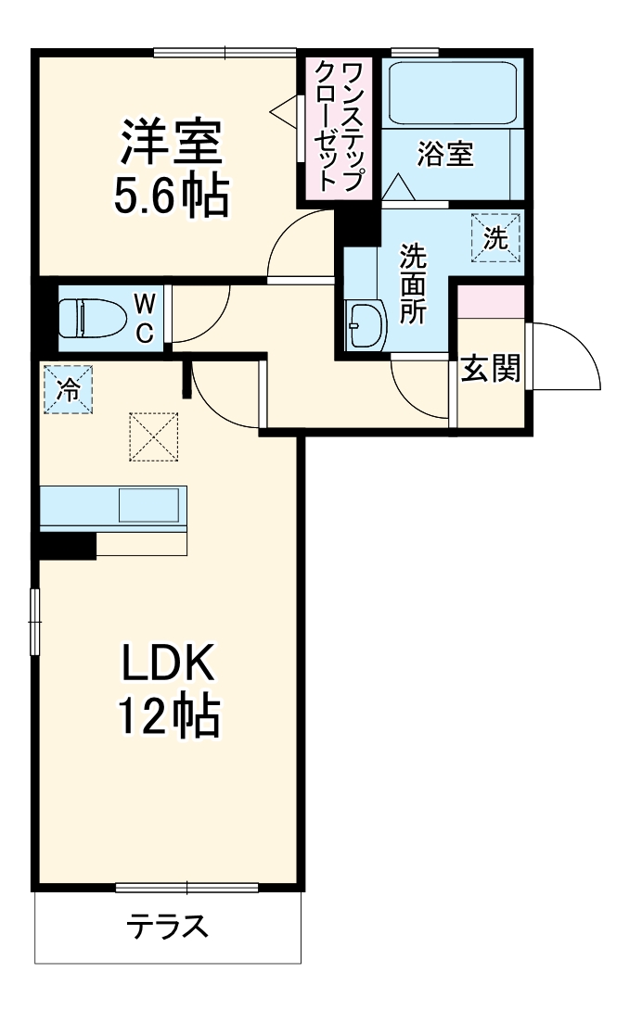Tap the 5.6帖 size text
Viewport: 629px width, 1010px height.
[172, 195]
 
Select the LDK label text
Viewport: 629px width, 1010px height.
[170, 665]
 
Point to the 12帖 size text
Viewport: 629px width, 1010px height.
[170, 715]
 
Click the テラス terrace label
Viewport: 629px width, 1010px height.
[167, 926]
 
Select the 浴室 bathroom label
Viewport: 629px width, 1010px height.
[445, 154]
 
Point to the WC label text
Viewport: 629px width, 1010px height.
[146, 318]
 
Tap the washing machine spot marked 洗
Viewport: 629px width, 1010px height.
[496, 238]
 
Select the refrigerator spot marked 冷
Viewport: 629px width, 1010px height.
[68, 389]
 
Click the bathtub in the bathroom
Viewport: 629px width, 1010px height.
[452, 93]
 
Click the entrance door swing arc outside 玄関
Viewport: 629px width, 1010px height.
[566, 357]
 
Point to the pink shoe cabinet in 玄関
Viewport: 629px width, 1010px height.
[492, 302]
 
